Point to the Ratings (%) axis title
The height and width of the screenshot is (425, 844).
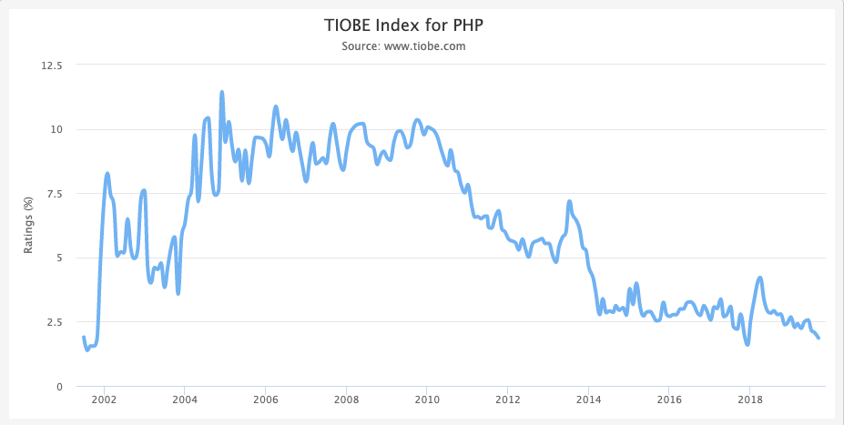(x=29, y=225)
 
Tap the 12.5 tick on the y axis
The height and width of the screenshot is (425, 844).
(x=50, y=65)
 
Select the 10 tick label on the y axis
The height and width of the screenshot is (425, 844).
(x=56, y=129)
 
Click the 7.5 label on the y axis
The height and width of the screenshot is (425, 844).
(x=53, y=194)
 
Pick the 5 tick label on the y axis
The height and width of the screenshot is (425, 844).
(x=59, y=258)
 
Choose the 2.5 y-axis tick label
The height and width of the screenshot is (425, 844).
(x=53, y=322)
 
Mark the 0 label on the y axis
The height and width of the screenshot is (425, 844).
(x=59, y=387)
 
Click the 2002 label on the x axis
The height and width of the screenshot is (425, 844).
(x=104, y=400)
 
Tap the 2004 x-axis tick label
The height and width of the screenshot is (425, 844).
(x=185, y=400)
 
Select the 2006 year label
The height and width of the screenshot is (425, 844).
(x=265, y=400)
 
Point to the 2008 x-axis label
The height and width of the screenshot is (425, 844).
(x=346, y=400)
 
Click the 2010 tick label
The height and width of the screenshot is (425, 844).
(x=427, y=400)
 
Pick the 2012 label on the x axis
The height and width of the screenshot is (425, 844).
(x=508, y=400)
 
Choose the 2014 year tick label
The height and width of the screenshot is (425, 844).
(x=589, y=400)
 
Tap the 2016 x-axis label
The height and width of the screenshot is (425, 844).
(x=669, y=400)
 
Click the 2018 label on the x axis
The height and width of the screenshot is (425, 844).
(x=750, y=400)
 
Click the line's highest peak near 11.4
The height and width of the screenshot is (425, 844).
(x=221, y=92)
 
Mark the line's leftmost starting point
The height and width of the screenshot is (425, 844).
(x=84, y=338)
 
